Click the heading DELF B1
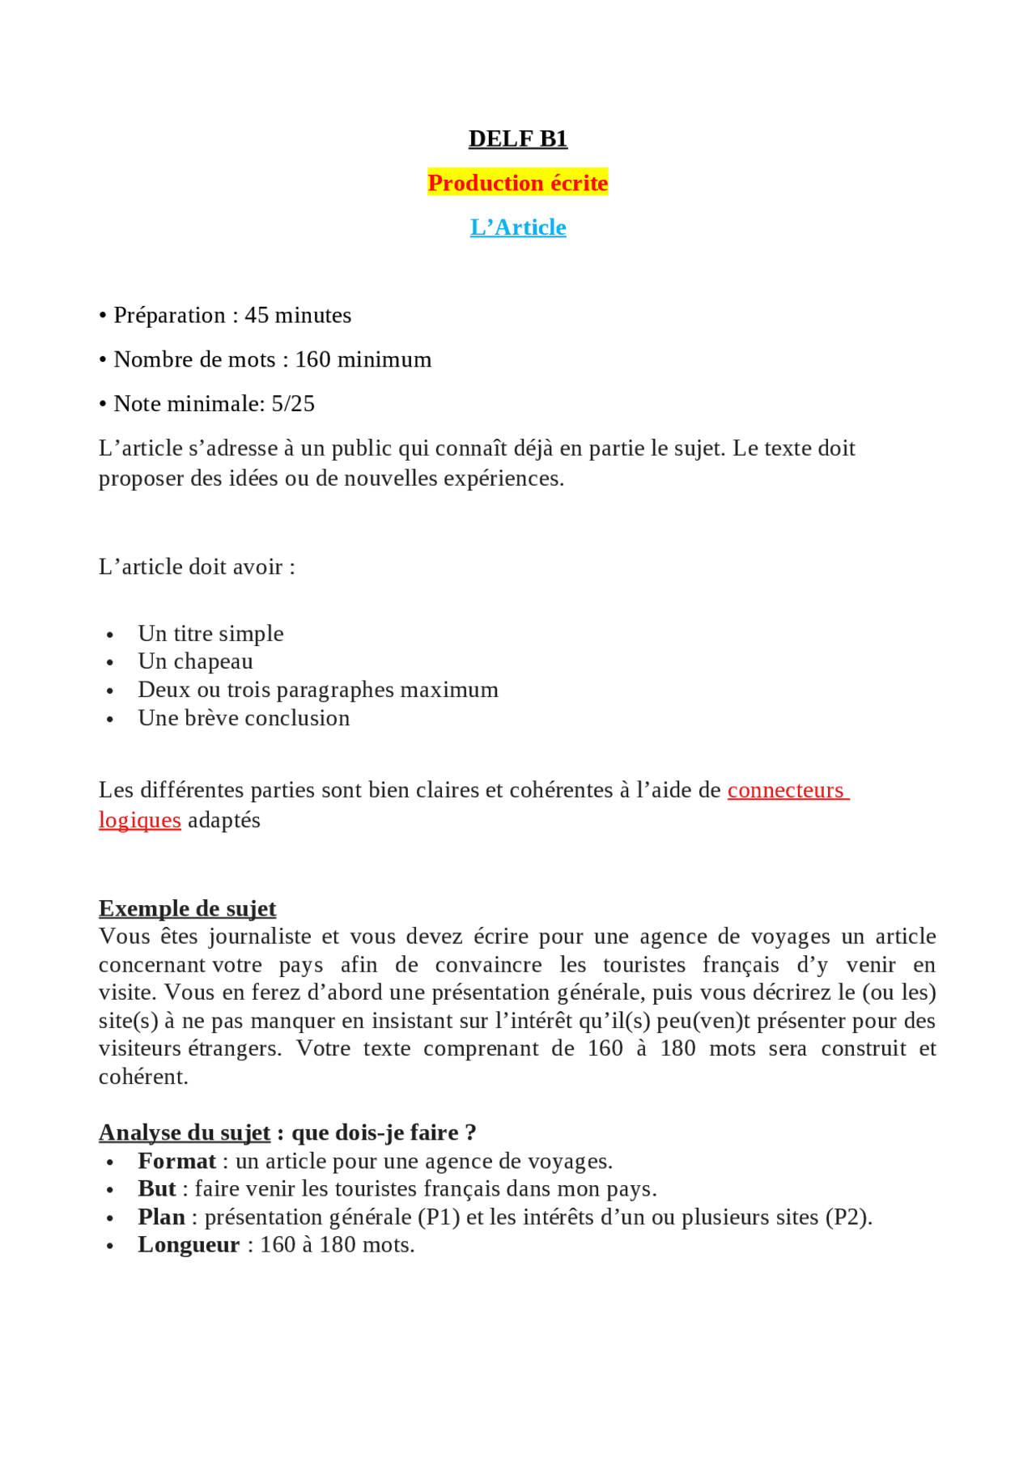(518, 138)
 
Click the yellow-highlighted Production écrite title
(518, 183)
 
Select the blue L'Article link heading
(518, 227)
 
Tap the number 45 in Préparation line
(257, 315)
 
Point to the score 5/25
(293, 403)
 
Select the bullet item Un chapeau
(195, 661)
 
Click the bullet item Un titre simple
(210, 633)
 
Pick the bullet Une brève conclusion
(244, 718)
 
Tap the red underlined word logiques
(139, 820)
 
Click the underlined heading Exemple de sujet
(187, 908)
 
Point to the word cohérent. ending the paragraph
(143, 1077)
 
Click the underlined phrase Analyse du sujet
(185, 1132)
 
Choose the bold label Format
(176, 1161)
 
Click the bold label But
(156, 1188)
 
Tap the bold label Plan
(161, 1217)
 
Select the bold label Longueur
(189, 1245)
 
